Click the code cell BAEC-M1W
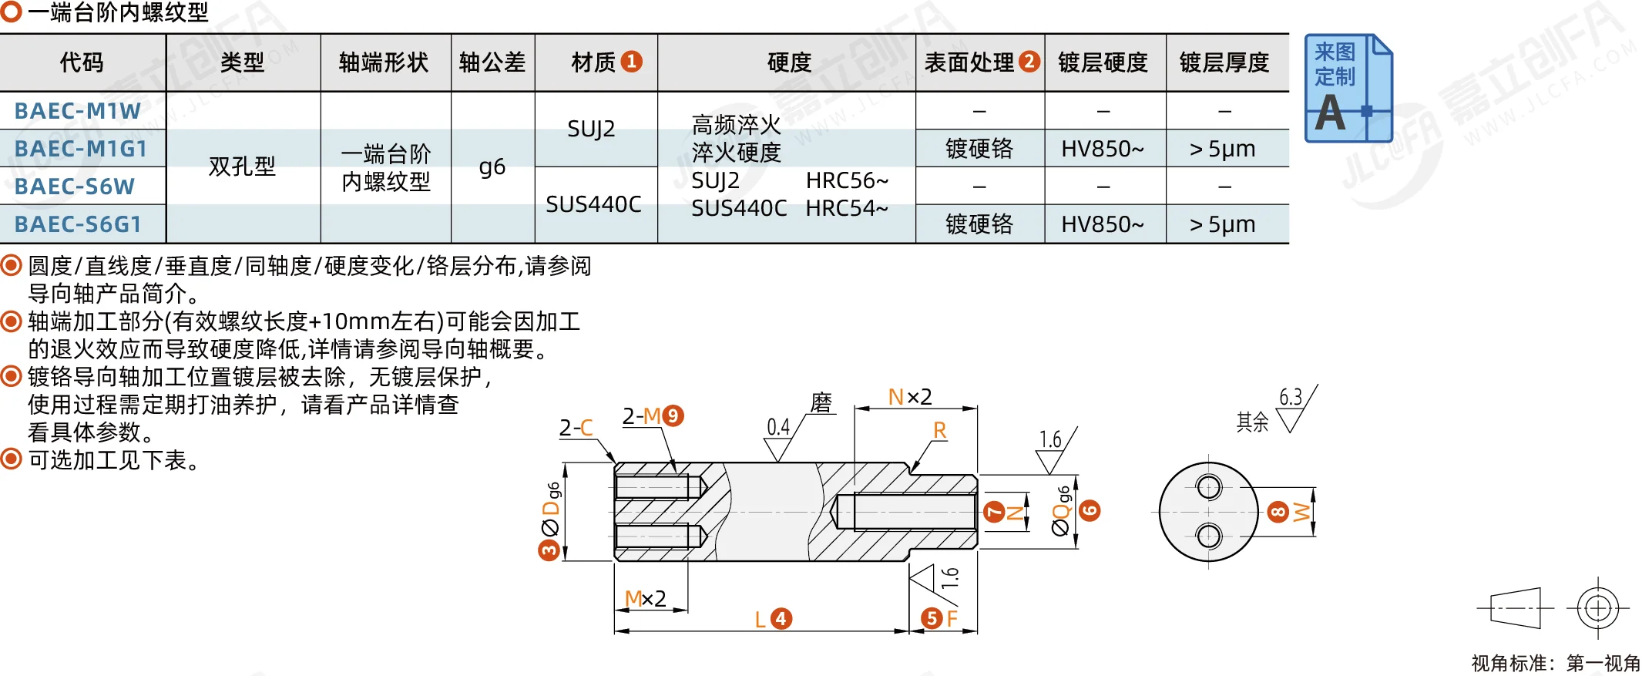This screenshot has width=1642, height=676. (x=78, y=111)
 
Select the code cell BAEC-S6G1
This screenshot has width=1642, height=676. (x=78, y=224)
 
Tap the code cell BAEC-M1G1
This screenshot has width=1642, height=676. (x=81, y=149)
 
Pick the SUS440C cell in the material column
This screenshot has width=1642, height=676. (x=593, y=204)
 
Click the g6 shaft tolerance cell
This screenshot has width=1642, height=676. (x=492, y=167)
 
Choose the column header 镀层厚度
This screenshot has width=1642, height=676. (x=1224, y=62)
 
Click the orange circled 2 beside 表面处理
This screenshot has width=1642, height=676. (x=1029, y=62)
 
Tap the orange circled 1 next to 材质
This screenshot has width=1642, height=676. (x=631, y=62)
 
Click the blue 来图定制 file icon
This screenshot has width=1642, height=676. (x=1348, y=88)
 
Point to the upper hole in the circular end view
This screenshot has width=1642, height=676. (x=1208, y=487)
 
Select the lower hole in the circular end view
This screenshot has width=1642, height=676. (x=1208, y=536)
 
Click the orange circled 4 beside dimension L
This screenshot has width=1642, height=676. (x=781, y=618)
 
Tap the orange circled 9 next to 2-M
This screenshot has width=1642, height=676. (x=673, y=416)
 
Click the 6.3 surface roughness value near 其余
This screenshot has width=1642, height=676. (x=1291, y=397)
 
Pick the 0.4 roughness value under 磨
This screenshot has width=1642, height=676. (x=778, y=427)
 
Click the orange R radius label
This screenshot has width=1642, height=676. (x=939, y=430)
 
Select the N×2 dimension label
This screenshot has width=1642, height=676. (x=910, y=397)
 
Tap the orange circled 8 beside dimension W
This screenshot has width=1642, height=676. (x=1278, y=512)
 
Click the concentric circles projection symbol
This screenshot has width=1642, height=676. (x=1597, y=608)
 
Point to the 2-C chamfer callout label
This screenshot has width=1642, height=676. (x=576, y=428)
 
